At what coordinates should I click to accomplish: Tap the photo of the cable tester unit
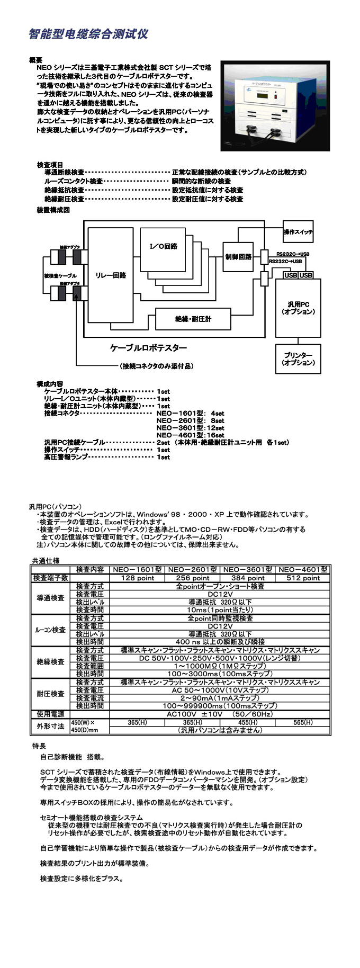click(x=275, y=106)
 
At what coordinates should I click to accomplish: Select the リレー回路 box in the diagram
click(x=111, y=275)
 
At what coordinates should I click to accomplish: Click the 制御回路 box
click(x=238, y=257)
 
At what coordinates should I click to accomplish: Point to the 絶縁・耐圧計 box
click(x=193, y=319)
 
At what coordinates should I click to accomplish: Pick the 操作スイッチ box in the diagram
click(x=298, y=232)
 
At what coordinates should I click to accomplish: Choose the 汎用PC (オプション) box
click(x=298, y=308)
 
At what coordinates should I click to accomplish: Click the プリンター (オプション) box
click(x=298, y=359)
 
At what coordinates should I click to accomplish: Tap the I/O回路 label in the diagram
click(x=164, y=246)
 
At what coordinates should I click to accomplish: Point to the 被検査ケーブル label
click(x=60, y=276)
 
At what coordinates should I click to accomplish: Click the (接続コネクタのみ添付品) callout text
click(x=156, y=366)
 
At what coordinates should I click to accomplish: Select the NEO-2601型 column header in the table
click(x=192, y=570)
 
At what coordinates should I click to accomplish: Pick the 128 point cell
click(x=137, y=578)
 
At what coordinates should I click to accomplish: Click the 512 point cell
click(x=303, y=578)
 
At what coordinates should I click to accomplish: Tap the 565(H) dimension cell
click(x=303, y=722)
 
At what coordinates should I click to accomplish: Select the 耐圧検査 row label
click(x=51, y=694)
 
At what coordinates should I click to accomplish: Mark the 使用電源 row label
click(x=51, y=714)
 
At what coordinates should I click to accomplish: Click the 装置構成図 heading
click(x=53, y=210)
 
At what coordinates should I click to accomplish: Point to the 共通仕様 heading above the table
click(x=46, y=560)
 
